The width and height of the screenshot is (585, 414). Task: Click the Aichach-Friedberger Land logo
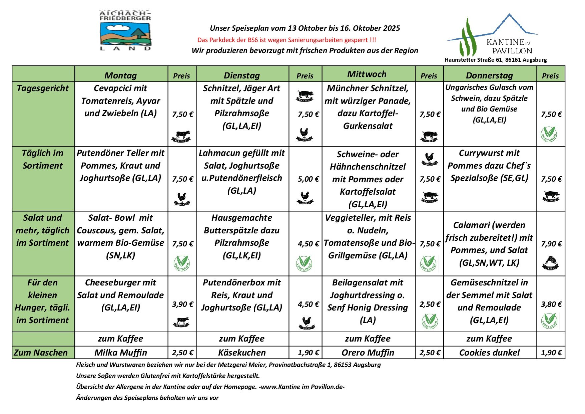pyautogui.click(x=125, y=30)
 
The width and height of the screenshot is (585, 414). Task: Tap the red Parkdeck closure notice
pyautogui.click(x=286, y=40)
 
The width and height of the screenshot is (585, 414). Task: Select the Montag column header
pyautogui.click(x=121, y=75)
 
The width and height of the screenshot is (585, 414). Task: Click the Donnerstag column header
pyautogui.click(x=489, y=75)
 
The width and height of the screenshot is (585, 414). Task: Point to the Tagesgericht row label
pyautogui.click(x=43, y=88)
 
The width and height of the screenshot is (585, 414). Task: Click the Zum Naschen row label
pyautogui.click(x=41, y=353)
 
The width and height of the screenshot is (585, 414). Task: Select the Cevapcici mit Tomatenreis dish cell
pyautogui.click(x=121, y=101)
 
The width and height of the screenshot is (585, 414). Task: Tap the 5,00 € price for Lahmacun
pyautogui.click(x=308, y=179)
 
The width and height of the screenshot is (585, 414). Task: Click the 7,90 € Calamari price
pyautogui.click(x=551, y=244)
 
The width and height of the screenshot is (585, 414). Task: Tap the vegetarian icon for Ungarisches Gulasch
pyautogui.click(x=549, y=134)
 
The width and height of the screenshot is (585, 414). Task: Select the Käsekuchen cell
pyautogui.click(x=242, y=353)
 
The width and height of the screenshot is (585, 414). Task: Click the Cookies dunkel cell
pyautogui.click(x=489, y=353)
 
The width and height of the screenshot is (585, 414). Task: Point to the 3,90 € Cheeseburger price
pyautogui.click(x=182, y=304)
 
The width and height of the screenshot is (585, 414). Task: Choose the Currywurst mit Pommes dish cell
pyautogui.click(x=489, y=166)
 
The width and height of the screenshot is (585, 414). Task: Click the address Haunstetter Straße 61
pyautogui.click(x=496, y=60)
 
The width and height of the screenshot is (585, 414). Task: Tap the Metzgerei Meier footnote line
pyautogui.click(x=228, y=365)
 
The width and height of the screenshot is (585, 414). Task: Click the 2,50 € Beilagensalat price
pyautogui.click(x=430, y=304)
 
